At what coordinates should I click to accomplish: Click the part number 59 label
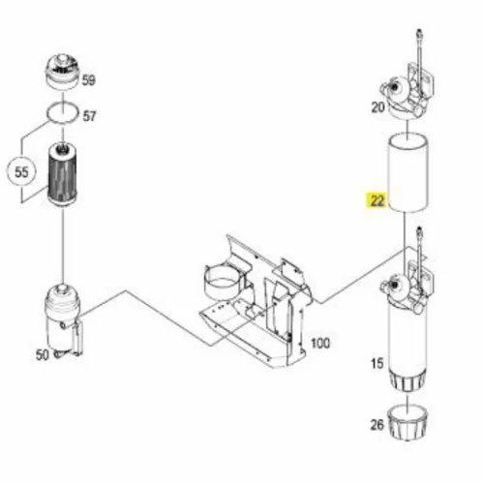[x=89, y=80]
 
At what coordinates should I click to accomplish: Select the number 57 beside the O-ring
[x=89, y=116]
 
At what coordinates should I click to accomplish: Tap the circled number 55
[x=22, y=172]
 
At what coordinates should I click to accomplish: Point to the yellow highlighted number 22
[x=378, y=200]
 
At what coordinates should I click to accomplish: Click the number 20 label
[x=378, y=106]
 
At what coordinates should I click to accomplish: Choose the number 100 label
[x=320, y=343]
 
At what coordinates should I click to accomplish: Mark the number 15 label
[x=378, y=364]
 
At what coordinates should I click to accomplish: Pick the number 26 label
[x=378, y=425]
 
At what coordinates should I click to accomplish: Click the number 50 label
[x=43, y=355]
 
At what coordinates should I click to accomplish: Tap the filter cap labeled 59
[x=61, y=72]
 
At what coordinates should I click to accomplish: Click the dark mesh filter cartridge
[x=62, y=175]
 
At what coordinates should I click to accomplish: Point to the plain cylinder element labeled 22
[x=408, y=172]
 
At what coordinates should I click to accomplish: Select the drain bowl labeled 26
[x=408, y=425]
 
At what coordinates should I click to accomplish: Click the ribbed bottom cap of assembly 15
[x=408, y=379]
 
